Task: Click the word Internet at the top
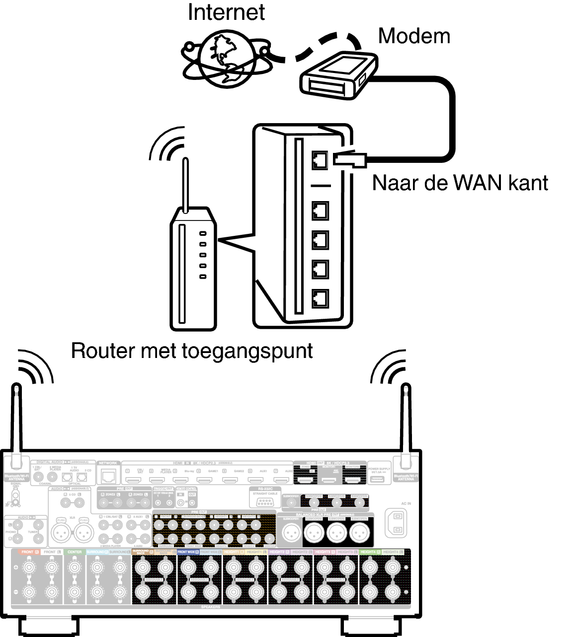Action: coord(226,12)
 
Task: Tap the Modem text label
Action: coord(414,36)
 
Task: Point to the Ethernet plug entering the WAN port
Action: coord(350,159)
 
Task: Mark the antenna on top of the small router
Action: coord(185,184)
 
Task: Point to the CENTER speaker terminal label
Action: coord(75,552)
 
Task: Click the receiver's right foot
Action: coord(373,627)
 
